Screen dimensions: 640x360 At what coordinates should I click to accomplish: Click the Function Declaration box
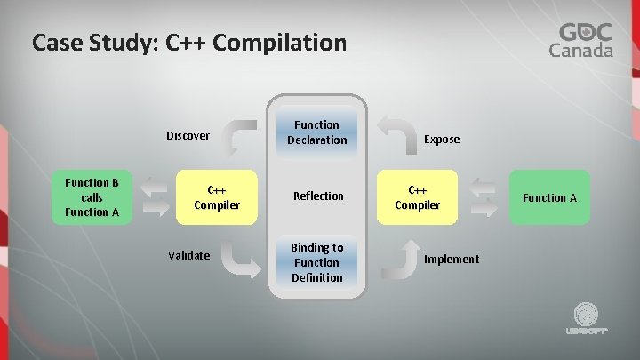(317, 132)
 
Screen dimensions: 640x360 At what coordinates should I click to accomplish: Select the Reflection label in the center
(317, 196)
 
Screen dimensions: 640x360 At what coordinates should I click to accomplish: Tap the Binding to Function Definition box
(317, 262)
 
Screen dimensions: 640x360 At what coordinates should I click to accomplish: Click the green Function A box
(548, 197)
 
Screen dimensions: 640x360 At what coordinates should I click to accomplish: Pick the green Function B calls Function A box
(92, 197)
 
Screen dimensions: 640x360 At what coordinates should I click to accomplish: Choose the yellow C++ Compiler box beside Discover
(216, 197)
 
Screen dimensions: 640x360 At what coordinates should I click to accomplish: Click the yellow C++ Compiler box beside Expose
(417, 197)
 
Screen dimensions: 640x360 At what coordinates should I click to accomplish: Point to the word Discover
(188, 136)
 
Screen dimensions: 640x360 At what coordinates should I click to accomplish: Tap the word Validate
(188, 256)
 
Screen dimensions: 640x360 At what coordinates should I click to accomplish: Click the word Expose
(442, 139)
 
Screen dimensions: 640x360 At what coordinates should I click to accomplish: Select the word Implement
(451, 259)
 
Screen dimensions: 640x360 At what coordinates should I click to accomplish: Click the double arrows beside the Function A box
(483, 197)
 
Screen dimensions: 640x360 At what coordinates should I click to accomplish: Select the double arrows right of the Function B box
(154, 197)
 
